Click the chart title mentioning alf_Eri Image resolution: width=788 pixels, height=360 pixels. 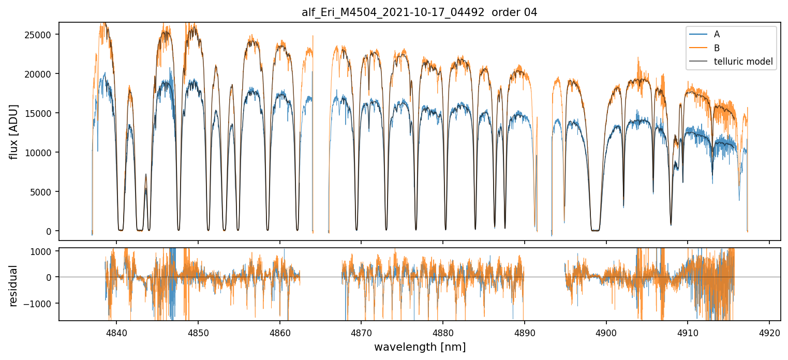419,12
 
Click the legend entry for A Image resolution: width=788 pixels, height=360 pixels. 717,34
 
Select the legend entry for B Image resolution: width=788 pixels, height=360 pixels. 717,48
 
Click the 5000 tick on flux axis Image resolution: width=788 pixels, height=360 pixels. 44,192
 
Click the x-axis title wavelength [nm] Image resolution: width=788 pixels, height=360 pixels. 420,347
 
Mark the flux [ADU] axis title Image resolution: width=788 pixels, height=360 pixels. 14,131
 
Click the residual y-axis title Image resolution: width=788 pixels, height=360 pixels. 14,286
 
